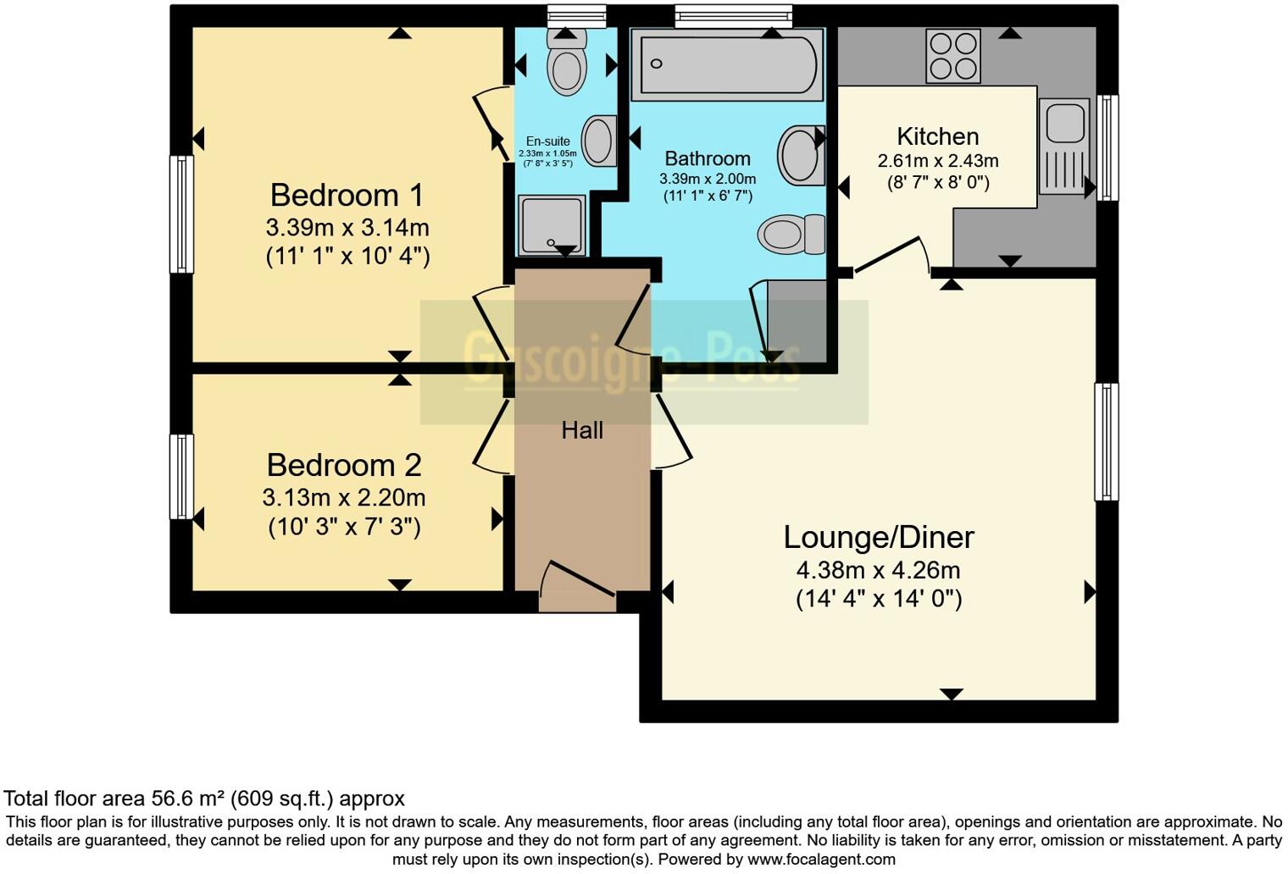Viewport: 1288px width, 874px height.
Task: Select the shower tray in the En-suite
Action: click(552, 224)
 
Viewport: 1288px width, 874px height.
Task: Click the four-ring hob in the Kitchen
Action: click(952, 56)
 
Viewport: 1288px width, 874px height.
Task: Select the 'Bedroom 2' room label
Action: click(343, 465)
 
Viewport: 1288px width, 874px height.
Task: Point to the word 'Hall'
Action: click(582, 430)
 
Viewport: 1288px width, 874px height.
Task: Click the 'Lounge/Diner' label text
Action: click(878, 537)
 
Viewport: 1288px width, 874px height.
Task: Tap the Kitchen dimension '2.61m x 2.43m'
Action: click(937, 161)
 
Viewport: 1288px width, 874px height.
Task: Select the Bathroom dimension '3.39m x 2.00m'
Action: click(708, 179)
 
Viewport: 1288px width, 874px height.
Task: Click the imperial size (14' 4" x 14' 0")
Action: click(879, 600)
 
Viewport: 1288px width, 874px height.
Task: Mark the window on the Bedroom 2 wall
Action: click(181, 476)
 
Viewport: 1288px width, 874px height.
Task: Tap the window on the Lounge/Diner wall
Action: click(1106, 441)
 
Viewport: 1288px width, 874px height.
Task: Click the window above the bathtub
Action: click(733, 15)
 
